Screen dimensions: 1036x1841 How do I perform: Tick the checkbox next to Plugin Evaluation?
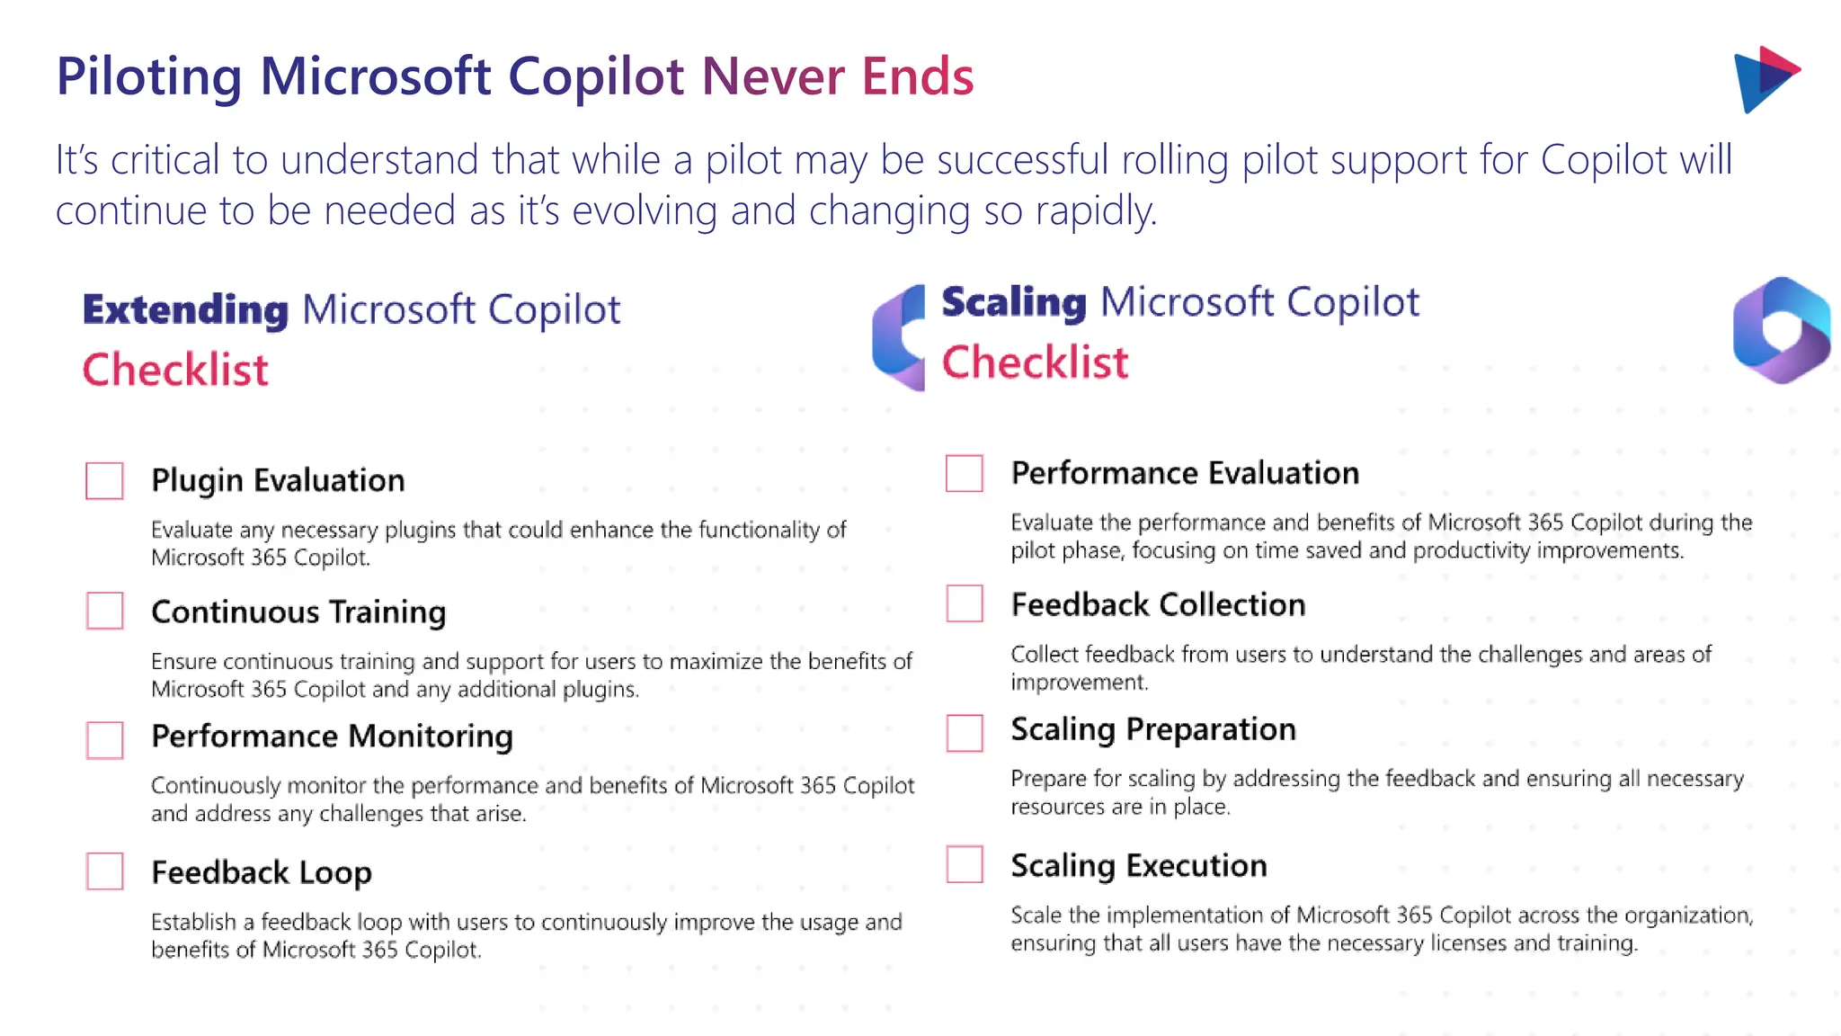coord(104,480)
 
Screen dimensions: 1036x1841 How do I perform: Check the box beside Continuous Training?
coord(104,611)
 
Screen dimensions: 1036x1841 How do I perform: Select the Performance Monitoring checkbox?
coord(104,739)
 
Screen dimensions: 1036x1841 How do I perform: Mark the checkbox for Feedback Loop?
coord(104,871)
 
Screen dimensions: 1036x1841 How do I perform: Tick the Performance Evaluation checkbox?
coord(965,473)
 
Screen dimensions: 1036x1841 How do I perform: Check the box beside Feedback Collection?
coord(965,603)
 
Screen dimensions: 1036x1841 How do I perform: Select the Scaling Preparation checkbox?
coord(965,733)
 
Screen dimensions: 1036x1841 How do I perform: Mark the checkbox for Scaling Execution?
coord(965,864)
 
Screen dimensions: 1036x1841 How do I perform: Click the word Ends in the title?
coord(917,76)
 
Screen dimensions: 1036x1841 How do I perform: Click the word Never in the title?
coord(773,76)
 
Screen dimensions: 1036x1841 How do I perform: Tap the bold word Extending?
coord(185,309)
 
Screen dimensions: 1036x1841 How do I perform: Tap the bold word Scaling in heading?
coord(1013,302)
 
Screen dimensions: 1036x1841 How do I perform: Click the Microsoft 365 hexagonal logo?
coord(1781,330)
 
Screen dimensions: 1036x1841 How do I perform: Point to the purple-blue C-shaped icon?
coord(899,337)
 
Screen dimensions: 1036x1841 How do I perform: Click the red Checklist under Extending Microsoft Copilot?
coord(175,371)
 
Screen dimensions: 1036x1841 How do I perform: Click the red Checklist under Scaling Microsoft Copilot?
coord(1035,363)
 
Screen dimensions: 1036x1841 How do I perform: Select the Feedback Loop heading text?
coord(261,872)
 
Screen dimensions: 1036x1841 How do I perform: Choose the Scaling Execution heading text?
coord(1138,865)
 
